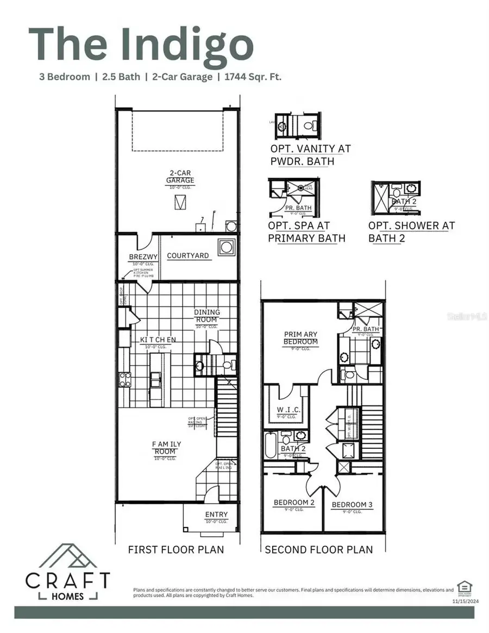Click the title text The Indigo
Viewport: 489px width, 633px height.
(x=141, y=45)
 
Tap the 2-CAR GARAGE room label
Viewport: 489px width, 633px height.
(x=180, y=178)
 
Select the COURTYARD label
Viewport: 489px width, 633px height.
(x=188, y=255)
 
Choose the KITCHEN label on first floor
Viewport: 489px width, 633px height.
(x=158, y=340)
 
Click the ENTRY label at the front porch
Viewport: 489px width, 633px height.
(x=216, y=515)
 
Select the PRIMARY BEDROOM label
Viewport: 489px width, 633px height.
(x=300, y=338)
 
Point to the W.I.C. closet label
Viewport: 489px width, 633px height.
(x=285, y=409)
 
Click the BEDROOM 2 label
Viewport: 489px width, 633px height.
(x=294, y=503)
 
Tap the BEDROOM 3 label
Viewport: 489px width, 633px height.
(x=352, y=505)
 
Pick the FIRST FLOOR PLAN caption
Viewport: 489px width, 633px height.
(x=175, y=549)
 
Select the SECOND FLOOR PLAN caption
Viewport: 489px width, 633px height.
(x=319, y=549)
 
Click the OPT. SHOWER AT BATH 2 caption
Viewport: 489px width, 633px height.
(x=411, y=231)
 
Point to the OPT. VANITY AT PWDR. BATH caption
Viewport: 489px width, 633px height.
(x=310, y=154)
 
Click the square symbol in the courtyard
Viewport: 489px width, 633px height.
(x=226, y=247)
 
